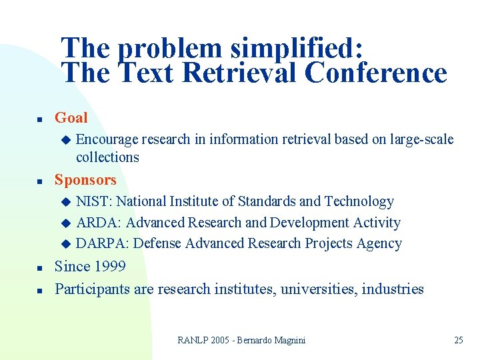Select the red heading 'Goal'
coord(71,118)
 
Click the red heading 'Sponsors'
coord(85,180)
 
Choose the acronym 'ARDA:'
coord(99,223)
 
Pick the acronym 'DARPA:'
coord(103,244)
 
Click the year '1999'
coord(110,267)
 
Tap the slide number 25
coord(458,340)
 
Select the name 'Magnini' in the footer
coord(289,340)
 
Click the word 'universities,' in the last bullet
coord(319,289)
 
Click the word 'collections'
coord(107,157)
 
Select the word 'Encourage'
coord(107,139)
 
